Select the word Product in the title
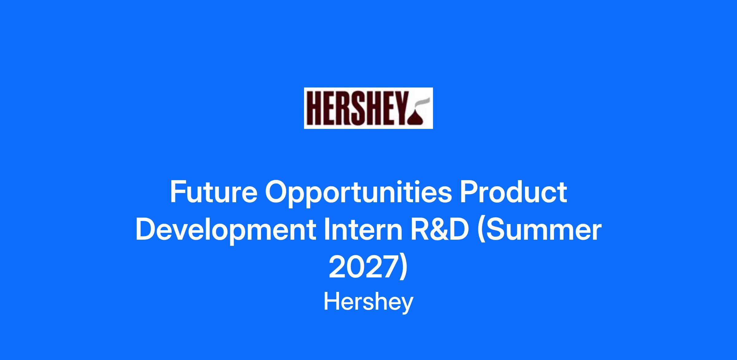point(513,192)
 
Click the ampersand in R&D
point(439,230)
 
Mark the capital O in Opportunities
point(277,192)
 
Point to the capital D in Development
point(146,230)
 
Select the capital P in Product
point(469,192)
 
